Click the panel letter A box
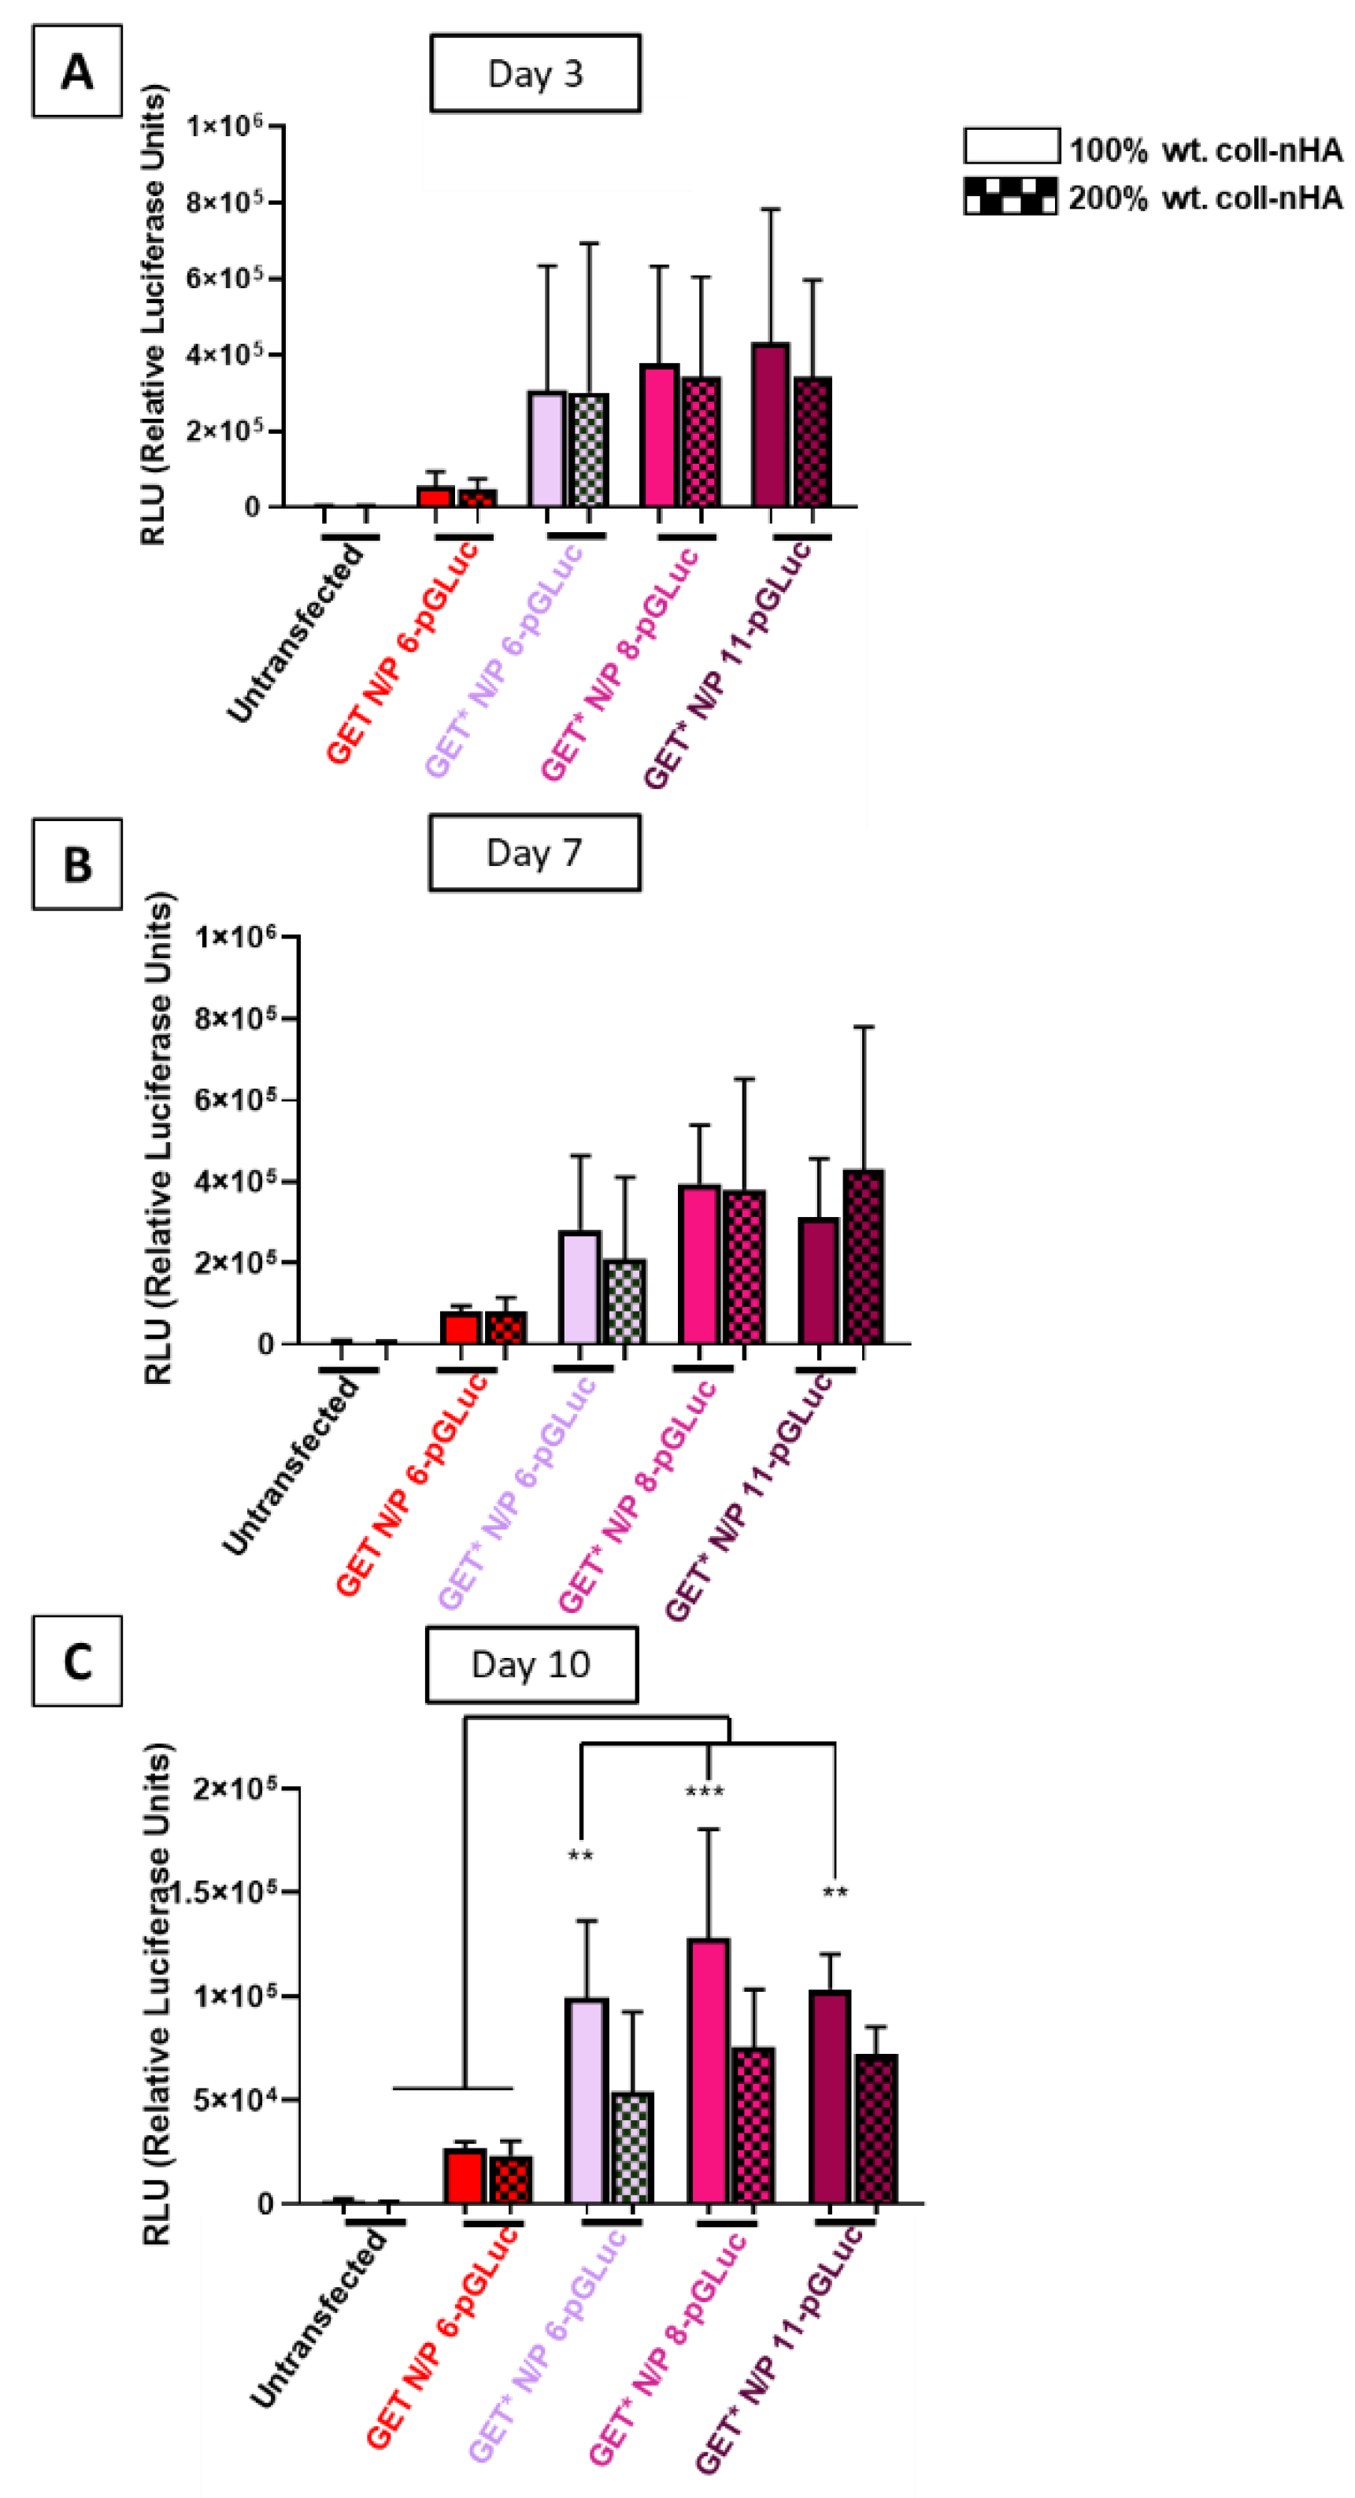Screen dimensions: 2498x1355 tap(76, 72)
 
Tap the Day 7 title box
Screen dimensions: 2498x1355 tap(535, 853)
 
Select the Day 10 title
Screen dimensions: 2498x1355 tap(531, 1664)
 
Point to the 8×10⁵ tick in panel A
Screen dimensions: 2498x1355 tap(225, 202)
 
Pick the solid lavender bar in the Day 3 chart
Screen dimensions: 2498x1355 tap(547, 449)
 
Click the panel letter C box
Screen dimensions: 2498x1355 tap(76, 1660)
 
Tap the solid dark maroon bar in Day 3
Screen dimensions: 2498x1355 tap(770, 425)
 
